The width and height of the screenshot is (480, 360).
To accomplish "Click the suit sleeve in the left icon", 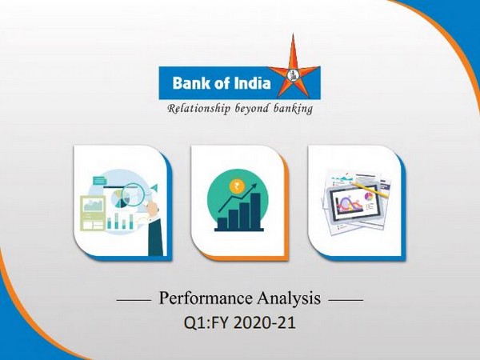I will tap(154, 232).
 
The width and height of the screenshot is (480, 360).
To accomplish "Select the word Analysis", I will tap(291, 299).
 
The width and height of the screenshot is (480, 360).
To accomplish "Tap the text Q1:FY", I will tap(202, 325).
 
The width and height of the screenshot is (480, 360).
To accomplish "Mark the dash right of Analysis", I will tap(346, 301).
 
